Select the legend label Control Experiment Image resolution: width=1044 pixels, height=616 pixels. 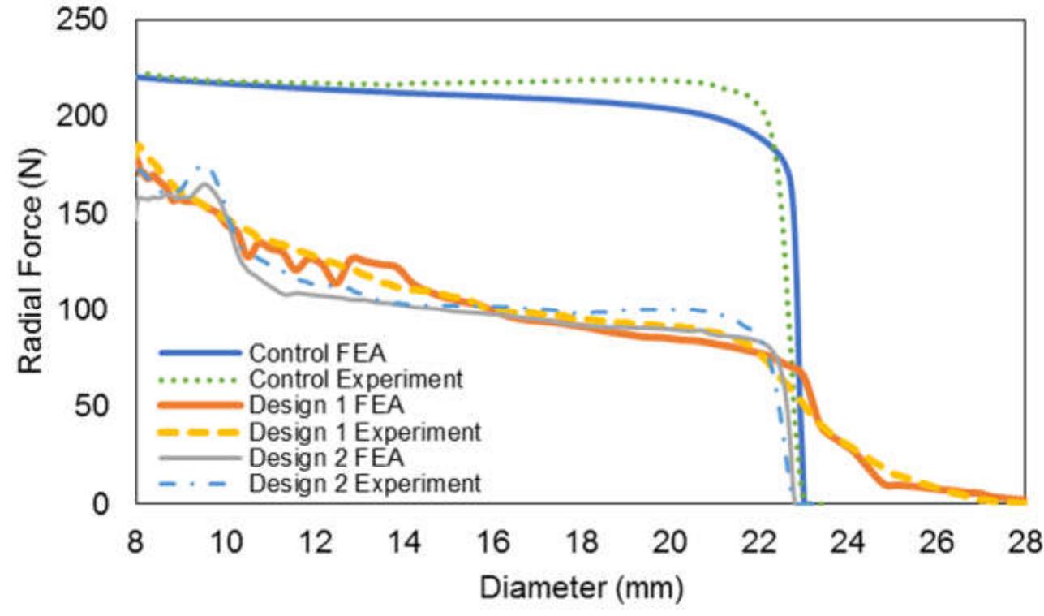coord(356,379)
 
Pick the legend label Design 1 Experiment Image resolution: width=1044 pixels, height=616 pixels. coord(364,432)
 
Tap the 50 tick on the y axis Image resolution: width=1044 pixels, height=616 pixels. coord(97,407)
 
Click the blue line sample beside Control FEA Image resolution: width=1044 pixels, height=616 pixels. coord(199,354)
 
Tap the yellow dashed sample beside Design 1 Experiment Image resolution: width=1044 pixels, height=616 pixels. coord(199,432)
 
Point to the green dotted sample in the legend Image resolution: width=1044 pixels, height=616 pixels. coord(199,380)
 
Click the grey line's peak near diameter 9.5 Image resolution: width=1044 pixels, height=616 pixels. coord(204,183)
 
